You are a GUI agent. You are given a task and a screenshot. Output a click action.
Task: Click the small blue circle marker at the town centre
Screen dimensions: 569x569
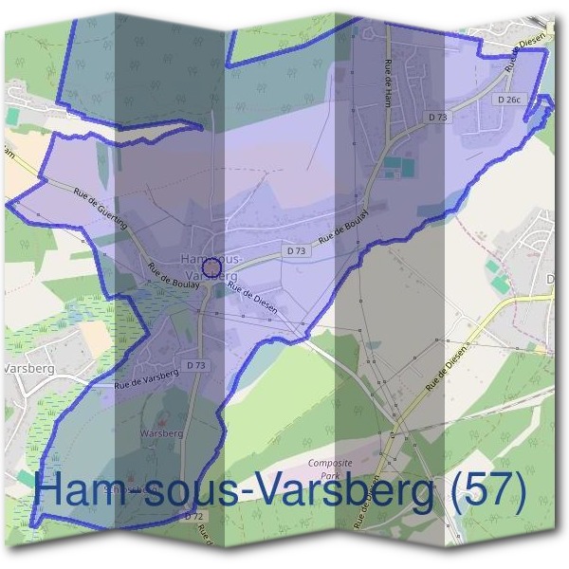coord(212,267)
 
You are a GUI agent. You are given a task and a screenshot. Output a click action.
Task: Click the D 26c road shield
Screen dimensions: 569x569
coord(509,99)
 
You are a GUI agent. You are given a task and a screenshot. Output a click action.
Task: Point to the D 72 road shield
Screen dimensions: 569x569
coord(193,516)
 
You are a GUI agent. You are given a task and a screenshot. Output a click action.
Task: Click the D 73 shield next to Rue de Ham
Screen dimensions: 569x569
coord(437,117)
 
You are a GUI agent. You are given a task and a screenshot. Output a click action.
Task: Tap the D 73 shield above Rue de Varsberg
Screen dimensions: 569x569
coord(196,365)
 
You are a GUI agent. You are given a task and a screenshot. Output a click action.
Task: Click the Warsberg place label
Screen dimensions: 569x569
coord(160,433)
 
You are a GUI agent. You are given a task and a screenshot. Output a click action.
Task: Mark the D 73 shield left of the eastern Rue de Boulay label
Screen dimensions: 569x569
coord(296,251)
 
